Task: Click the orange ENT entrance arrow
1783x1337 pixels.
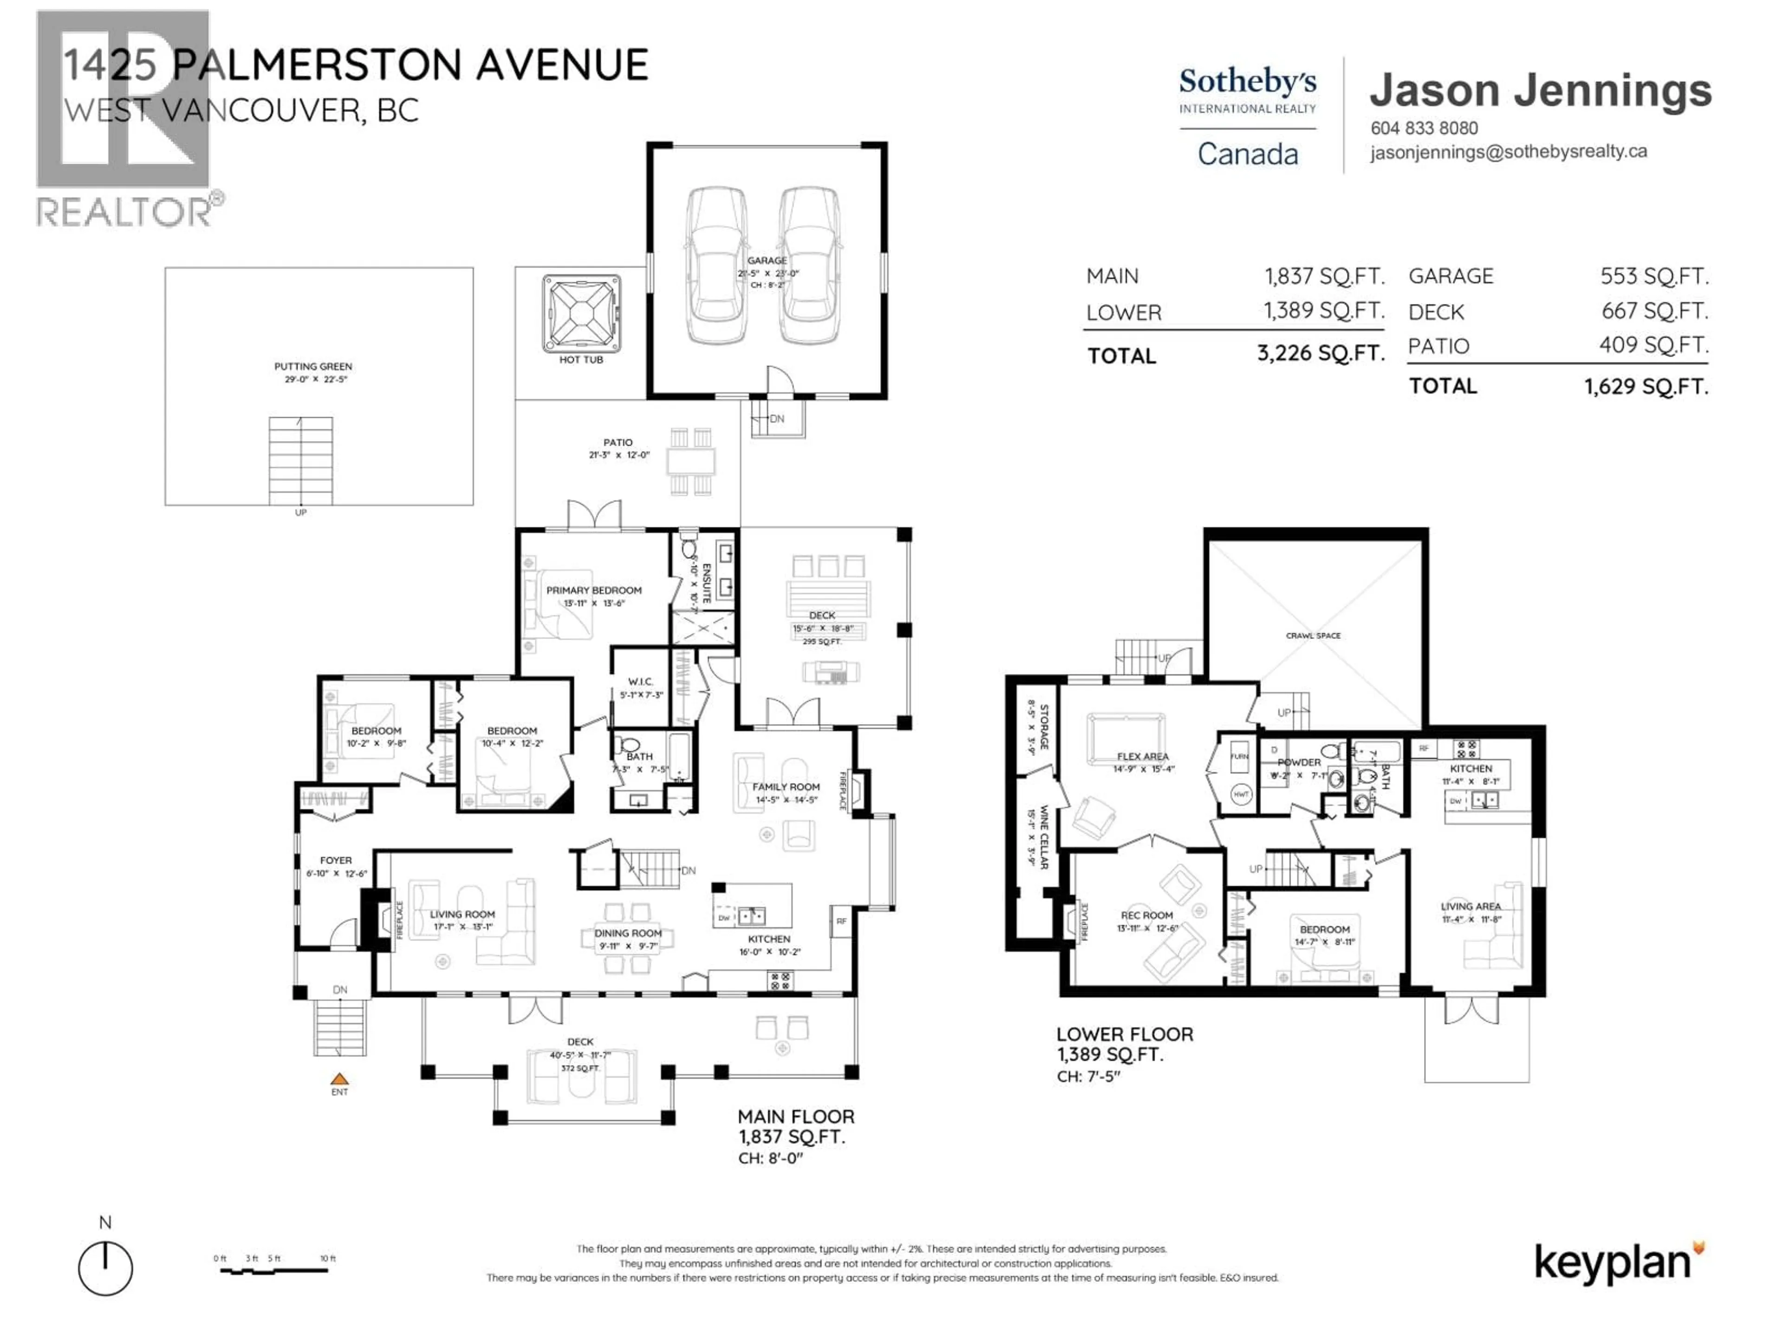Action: [x=339, y=1079]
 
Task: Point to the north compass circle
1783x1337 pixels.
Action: [x=105, y=1268]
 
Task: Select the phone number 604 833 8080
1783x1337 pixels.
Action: [x=1424, y=128]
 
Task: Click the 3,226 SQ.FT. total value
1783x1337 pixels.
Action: [x=1321, y=353]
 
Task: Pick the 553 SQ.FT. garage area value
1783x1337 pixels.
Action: [x=1654, y=276]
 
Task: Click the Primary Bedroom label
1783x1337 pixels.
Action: [x=594, y=591]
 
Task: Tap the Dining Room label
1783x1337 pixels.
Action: [x=628, y=933]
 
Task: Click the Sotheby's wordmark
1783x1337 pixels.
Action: [x=1247, y=81]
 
